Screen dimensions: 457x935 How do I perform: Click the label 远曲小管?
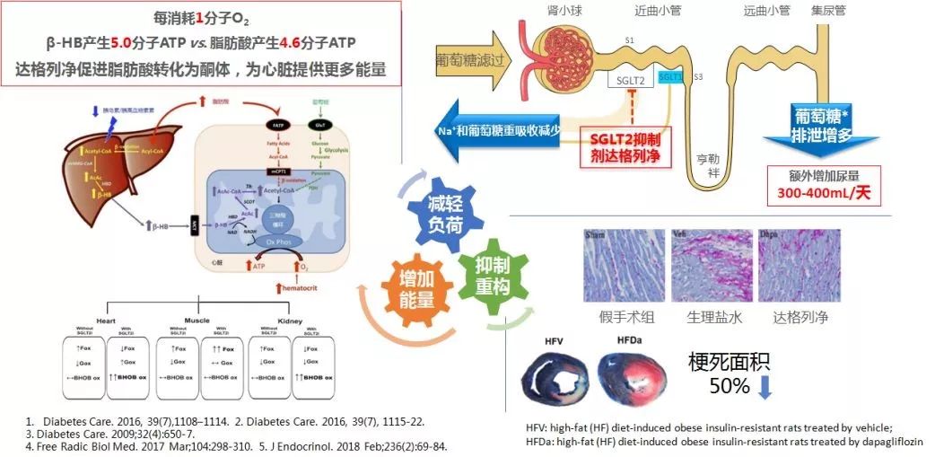click(767, 11)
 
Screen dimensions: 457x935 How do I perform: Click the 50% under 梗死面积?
click(729, 386)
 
